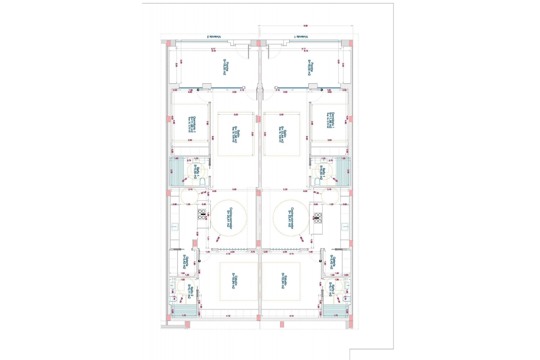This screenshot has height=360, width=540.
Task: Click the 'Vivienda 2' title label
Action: coord(214,37)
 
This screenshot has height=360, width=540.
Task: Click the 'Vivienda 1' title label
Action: coord(301,37)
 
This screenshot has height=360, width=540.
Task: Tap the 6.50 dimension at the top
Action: coord(305,26)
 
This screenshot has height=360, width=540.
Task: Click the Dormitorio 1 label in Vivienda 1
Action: coord(331,120)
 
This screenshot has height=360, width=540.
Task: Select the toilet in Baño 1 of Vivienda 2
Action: coord(202,182)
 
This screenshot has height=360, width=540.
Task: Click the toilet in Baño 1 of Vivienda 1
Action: coord(317,182)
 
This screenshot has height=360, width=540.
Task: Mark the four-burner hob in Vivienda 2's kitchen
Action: coord(202,214)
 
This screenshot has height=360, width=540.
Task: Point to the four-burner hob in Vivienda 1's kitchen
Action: coord(318,218)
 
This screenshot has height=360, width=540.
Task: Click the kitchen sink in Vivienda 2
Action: coord(175,226)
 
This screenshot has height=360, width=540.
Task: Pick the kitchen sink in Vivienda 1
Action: coord(345,226)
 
